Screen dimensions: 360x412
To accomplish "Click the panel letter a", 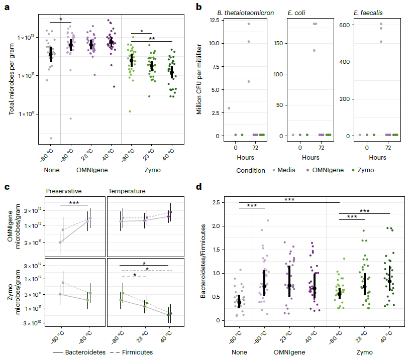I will point(7,7).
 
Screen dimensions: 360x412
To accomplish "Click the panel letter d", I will point(199,187).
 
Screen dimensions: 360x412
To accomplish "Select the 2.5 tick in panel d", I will point(213,202).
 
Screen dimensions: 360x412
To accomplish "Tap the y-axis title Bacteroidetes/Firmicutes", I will point(203,260).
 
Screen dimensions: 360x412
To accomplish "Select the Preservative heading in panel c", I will point(64,191).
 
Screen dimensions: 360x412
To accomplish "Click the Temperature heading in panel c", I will point(128,191).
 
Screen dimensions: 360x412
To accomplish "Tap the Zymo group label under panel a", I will point(151,170).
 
